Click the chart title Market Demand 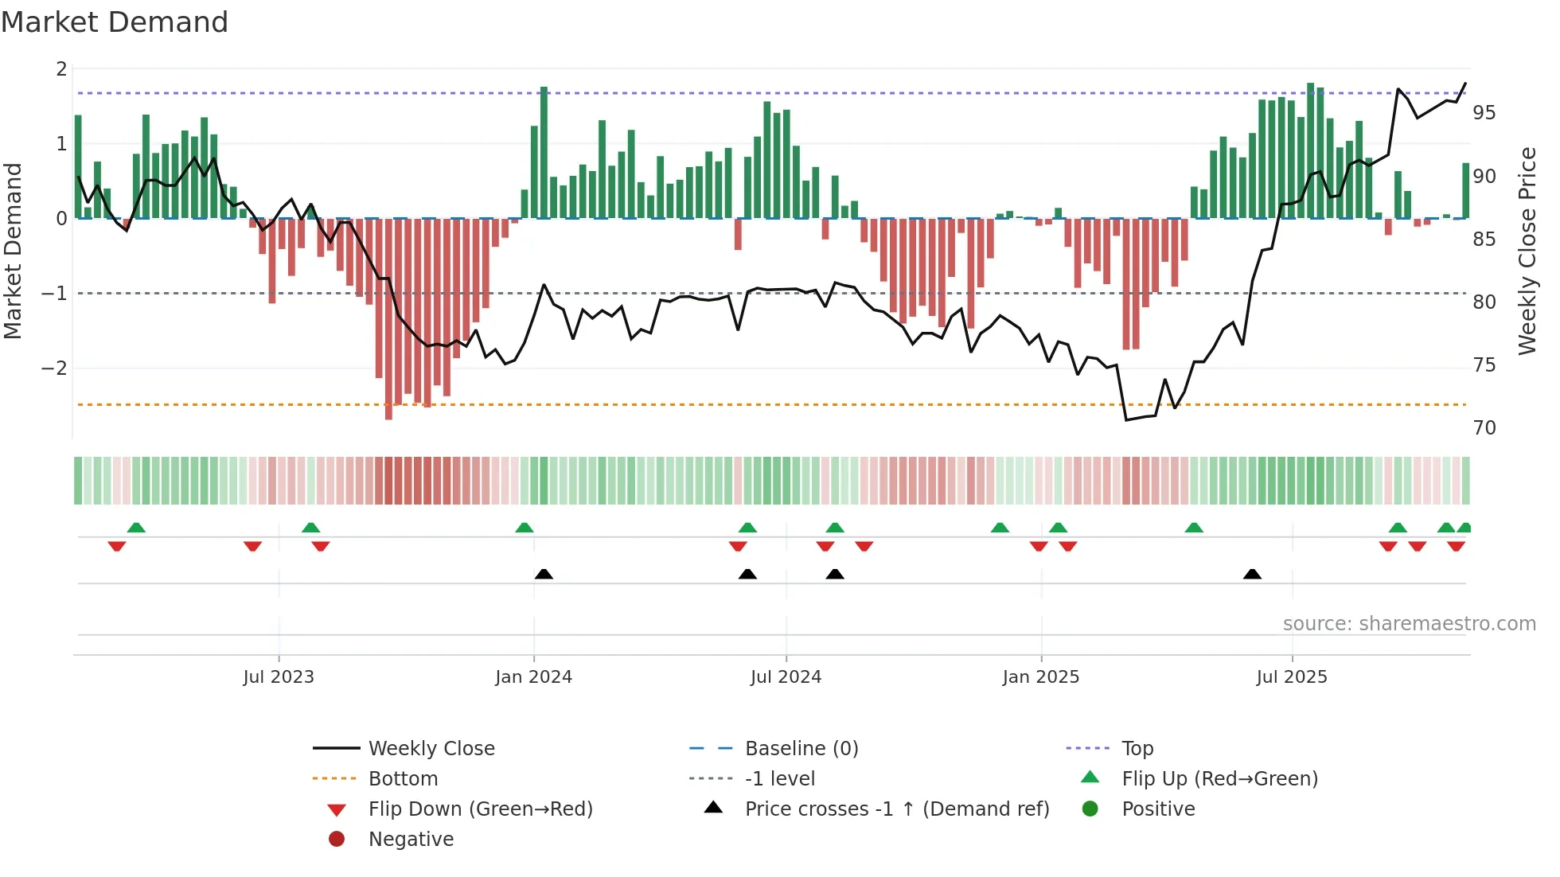[x=115, y=22]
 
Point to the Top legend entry [x=1137, y=748]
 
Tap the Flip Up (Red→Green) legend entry [x=1219, y=778]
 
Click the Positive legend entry [x=1158, y=809]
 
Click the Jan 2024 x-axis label [x=533, y=676]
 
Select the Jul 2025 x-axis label [x=1292, y=676]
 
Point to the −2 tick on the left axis [x=54, y=368]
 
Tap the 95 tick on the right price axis [x=1484, y=112]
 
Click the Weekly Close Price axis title [x=1527, y=251]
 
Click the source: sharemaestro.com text [x=1409, y=623]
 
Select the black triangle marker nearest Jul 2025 [x=1252, y=574]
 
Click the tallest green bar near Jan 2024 [x=544, y=151]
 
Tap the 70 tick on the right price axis [x=1484, y=427]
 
